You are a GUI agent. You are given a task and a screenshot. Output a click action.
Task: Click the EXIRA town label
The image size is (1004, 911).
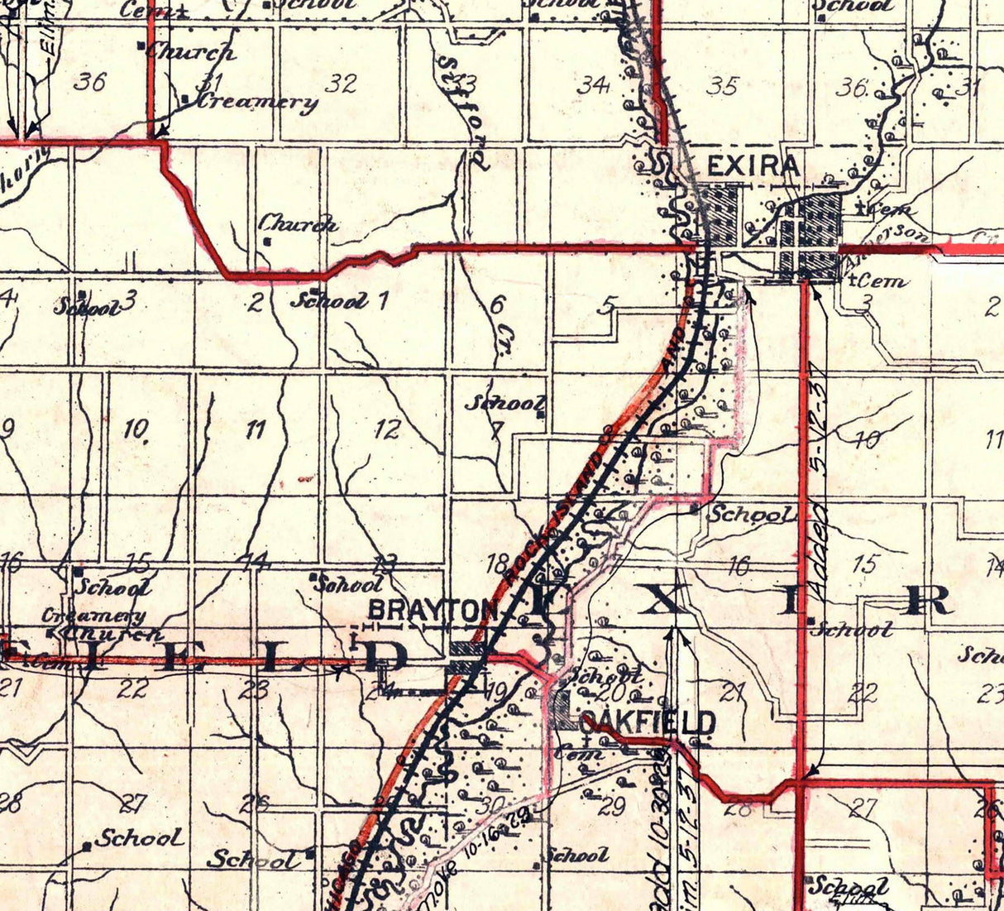pyautogui.click(x=753, y=166)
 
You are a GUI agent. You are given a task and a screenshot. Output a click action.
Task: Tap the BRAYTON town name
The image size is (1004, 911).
pyautogui.click(x=432, y=611)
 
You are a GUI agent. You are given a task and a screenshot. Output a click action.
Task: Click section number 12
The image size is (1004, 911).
pyautogui.click(x=387, y=429)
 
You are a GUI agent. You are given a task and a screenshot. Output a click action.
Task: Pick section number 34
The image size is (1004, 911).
pyautogui.click(x=594, y=84)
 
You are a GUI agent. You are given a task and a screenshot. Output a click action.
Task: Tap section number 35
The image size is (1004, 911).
pyautogui.click(x=722, y=86)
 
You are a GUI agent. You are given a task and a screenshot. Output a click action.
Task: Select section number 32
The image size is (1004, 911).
pyautogui.click(x=341, y=83)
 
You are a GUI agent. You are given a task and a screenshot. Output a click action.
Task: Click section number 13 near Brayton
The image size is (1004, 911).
pyautogui.click(x=384, y=564)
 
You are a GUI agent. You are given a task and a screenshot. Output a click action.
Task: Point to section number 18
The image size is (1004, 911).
pyautogui.click(x=497, y=565)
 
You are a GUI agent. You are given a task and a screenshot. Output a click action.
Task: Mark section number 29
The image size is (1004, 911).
pyautogui.click(x=611, y=807)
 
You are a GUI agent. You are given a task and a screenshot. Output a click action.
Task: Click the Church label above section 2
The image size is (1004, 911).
pyautogui.click(x=298, y=223)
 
